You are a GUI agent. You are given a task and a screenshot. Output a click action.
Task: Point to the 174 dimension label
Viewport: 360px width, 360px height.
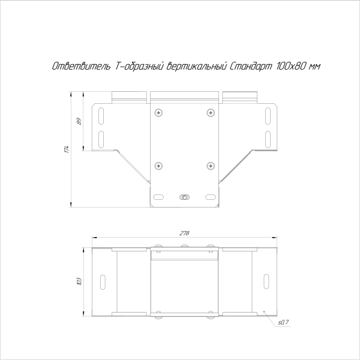coord(68,149)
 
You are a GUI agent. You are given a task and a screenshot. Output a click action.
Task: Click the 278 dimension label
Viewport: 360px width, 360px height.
coord(184,234)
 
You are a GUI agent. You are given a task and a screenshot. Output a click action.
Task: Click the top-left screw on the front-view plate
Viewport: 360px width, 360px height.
coord(158,112)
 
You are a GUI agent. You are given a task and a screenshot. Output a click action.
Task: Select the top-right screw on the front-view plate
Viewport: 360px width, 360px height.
coord(210,112)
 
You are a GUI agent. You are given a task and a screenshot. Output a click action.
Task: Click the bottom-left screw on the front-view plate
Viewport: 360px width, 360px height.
coord(158,166)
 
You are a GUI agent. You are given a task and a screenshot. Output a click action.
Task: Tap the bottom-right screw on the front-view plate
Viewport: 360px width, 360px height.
coord(210,166)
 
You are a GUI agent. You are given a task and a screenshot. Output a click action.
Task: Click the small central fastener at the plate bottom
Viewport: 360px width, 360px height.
coord(184,197)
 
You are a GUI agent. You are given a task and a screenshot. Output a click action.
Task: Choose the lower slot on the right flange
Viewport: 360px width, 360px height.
coord(268,139)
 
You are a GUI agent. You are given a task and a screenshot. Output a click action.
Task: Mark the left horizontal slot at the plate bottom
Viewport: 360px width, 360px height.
coord(158,197)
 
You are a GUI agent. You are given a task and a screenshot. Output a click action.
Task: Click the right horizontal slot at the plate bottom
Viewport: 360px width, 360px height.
coord(210,197)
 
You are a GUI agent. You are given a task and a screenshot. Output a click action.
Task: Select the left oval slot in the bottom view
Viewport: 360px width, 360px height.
coord(103,281)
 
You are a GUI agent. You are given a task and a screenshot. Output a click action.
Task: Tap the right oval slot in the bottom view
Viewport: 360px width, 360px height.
coord(265,281)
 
